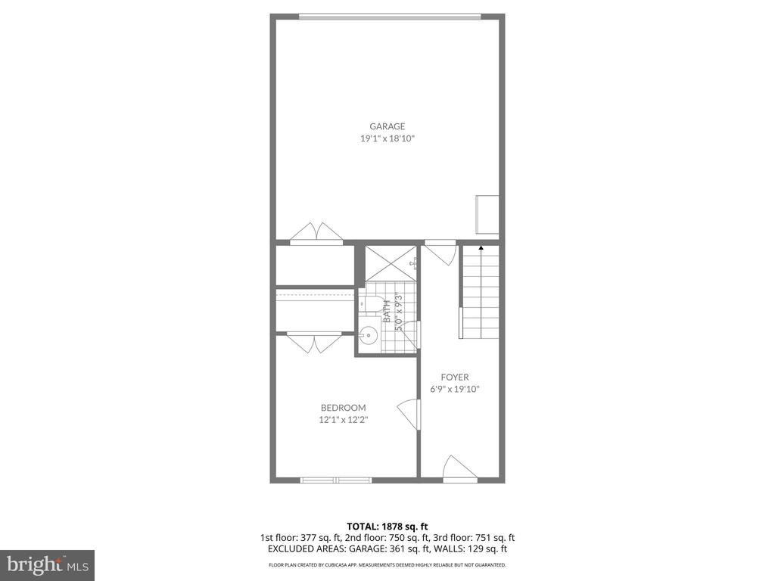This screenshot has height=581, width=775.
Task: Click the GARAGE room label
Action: tap(387, 126)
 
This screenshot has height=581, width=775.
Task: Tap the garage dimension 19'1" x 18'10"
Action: tap(387, 139)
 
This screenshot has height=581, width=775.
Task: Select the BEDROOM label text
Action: tap(344, 408)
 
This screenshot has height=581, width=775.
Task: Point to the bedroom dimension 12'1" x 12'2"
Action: tap(344, 420)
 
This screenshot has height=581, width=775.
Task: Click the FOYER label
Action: tap(455, 377)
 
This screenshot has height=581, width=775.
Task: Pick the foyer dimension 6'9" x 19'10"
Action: tap(455, 389)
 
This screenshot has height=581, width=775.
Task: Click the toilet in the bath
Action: tap(370, 305)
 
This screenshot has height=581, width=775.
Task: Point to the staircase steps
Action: tap(481, 295)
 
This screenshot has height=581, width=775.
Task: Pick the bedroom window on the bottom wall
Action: tap(336, 479)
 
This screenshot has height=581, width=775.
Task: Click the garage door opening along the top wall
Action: tap(389, 16)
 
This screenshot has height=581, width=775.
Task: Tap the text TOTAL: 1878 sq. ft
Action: tap(387, 527)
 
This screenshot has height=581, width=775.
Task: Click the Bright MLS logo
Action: tap(46, 564)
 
